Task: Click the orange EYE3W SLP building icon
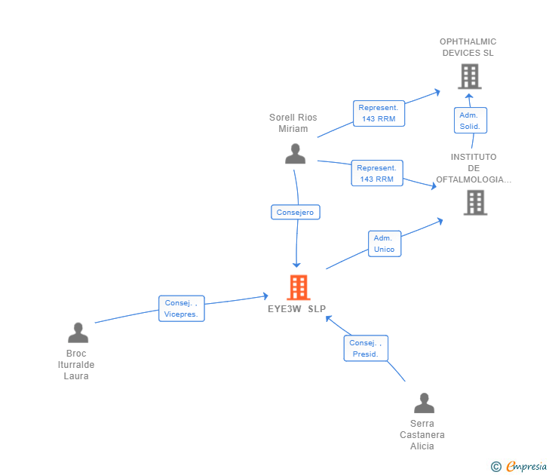299,287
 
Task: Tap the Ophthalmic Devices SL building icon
469,76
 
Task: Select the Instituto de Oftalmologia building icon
475,202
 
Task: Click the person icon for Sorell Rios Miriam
295,154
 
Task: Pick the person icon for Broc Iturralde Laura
78,332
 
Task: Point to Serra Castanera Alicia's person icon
424,403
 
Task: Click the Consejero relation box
296,213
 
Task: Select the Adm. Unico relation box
384,244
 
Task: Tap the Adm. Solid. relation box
470,121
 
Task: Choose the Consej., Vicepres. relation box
181,308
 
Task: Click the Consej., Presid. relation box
366,348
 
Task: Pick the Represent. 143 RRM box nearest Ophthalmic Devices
379,113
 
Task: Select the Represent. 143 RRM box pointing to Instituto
377,173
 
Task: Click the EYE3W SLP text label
297,309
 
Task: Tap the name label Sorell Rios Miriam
293,123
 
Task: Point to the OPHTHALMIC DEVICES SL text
468,47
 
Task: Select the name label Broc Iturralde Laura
76,365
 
